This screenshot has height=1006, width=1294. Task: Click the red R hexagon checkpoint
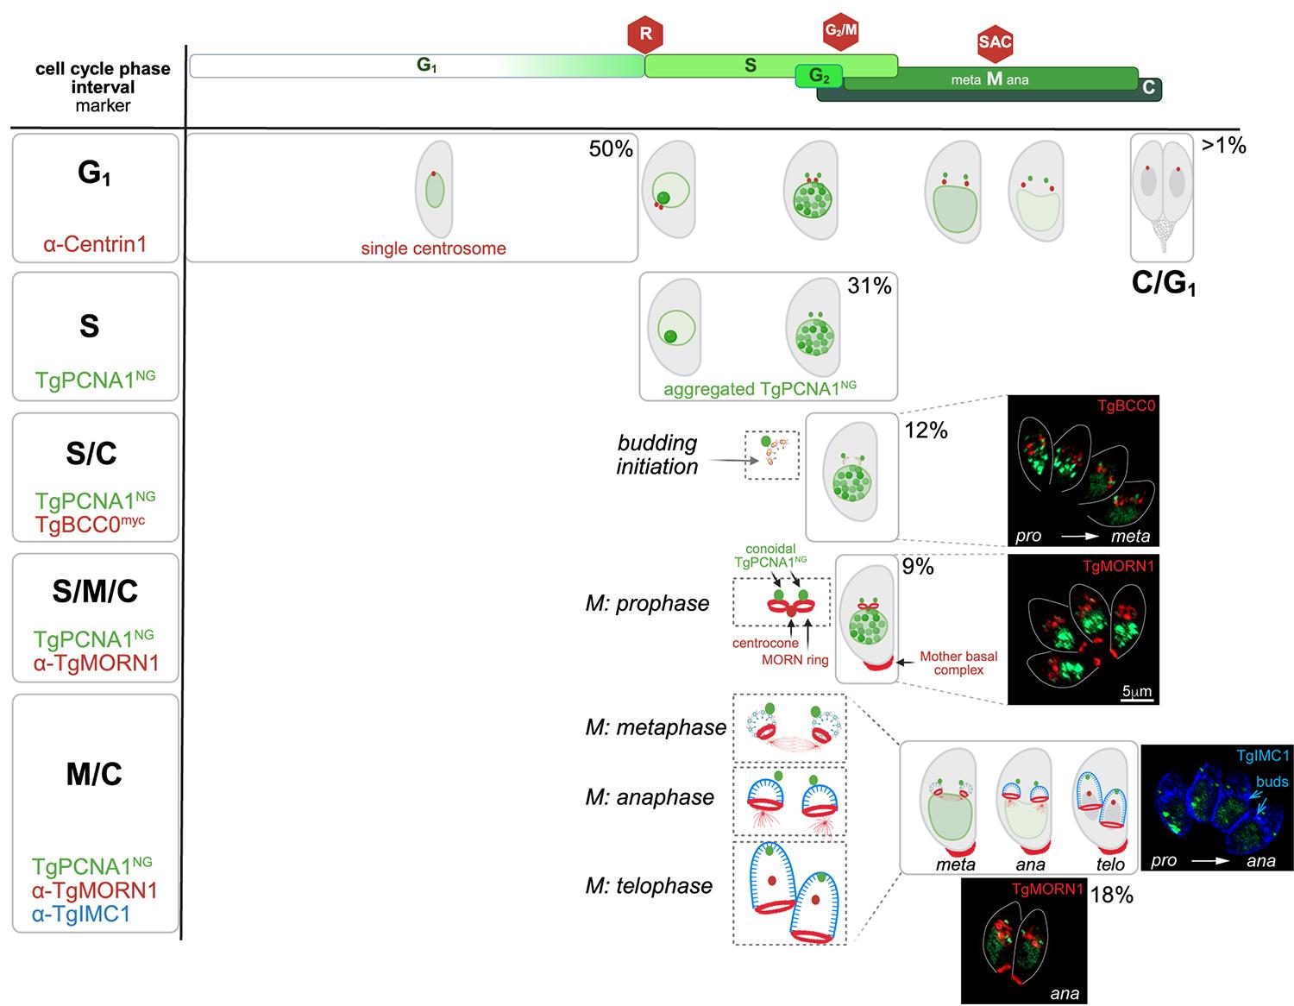click(x=645, y=35)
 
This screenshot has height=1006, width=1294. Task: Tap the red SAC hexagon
click(x=995, y=42)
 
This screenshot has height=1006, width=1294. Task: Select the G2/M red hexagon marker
click(x=841, y=31)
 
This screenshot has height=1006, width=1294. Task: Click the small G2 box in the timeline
click(x=819, y=77)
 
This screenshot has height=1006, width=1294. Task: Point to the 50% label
click(x=611, y=149)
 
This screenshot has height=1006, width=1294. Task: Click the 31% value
click(x=870, y=286)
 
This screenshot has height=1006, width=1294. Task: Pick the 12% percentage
click(x=926, y=430)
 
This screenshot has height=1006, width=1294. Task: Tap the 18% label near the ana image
click(x=1111, y=895)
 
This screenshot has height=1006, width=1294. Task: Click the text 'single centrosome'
click(x=433, y=248)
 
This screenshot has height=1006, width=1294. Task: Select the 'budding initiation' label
click(x=656, y=455)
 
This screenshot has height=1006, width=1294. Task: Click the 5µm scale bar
click(x=1137, y=692)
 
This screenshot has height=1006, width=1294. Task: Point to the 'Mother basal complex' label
click(x=958, y=663)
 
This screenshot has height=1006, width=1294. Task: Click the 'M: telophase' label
click(x=649, y=886)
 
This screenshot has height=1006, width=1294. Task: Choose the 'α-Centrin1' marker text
click(x=95, y=244)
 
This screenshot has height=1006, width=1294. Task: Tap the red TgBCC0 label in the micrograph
click(x=1125, y=406)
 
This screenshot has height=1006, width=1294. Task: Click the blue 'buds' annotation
click(x=1272, y=782)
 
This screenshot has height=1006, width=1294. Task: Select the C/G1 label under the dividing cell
click(x=1163, y=284)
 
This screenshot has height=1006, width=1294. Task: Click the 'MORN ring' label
click(x=795, y=660)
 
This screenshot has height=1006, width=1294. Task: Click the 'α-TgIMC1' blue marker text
click(x=81, y=914)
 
